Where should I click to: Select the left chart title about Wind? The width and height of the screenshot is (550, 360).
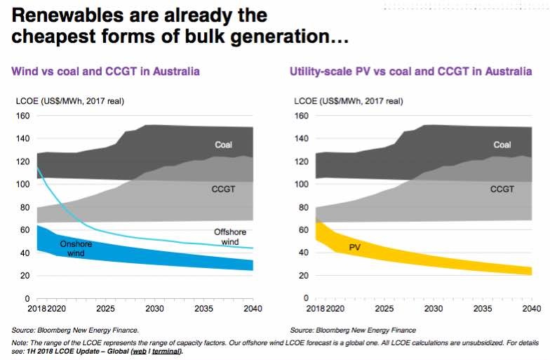[105, 72]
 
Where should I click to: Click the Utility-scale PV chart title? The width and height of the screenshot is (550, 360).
[410, 72]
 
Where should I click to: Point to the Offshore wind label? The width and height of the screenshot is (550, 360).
[227, 237]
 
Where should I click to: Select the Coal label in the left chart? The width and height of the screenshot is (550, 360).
[224, 145]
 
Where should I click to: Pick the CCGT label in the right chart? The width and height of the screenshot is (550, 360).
[502, 189]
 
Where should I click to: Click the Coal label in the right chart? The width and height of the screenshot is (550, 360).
[502, 145]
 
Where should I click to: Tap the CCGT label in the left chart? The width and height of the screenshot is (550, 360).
[223, 189]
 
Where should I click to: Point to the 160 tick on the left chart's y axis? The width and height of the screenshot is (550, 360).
[23, 116]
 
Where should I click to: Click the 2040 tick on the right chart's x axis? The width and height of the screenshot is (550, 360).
[531, 308]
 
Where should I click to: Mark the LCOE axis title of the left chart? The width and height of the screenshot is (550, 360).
[69, 101]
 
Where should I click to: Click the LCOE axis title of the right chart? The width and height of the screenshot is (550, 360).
[349, 101]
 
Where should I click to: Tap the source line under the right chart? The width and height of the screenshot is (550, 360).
[352, 330]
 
